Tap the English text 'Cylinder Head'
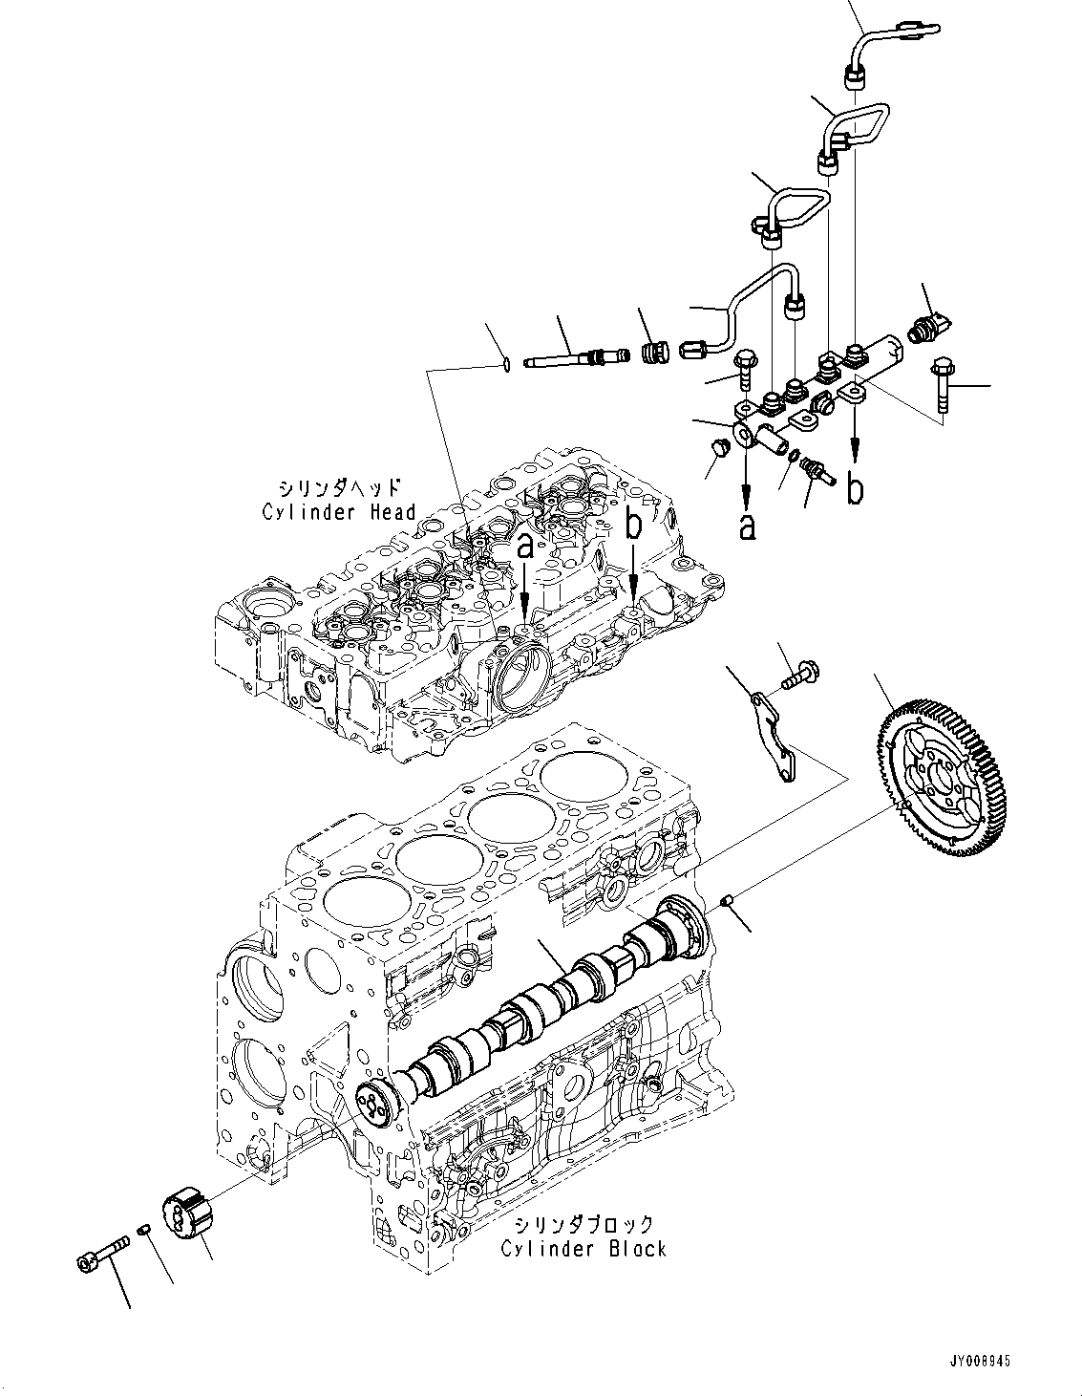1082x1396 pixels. click(x=339, y=512)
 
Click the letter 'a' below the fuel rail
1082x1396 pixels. click(x=747, y=525)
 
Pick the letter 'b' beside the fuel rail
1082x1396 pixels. click(x=857, y=488)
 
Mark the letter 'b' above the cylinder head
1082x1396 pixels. click(x=634, y=525)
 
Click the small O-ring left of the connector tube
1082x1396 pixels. click(x=506, y=363)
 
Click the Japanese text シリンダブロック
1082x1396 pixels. click(x=583, y=1224)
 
